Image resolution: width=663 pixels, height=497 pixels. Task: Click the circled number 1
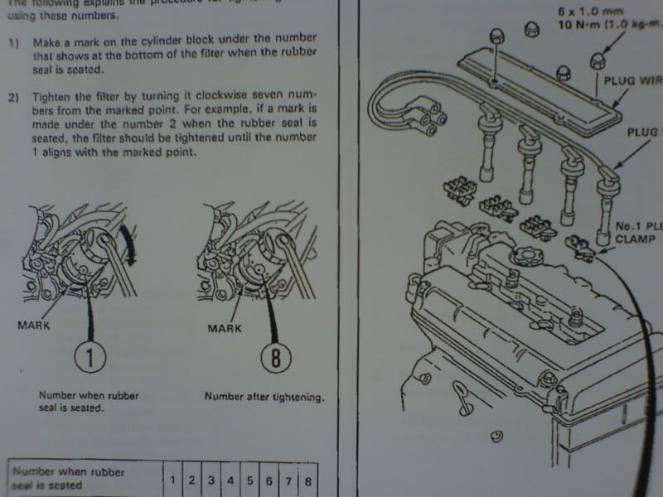pos(89,359)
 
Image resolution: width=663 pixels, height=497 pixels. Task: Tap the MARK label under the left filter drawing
pos(35,326)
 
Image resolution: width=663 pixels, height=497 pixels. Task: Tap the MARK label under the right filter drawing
pos(225,329)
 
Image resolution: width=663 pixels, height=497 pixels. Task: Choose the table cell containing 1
pos(172,480)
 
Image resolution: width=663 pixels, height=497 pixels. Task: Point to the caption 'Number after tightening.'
pos(264,397)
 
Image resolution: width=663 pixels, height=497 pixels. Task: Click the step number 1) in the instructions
pos(14,41)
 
